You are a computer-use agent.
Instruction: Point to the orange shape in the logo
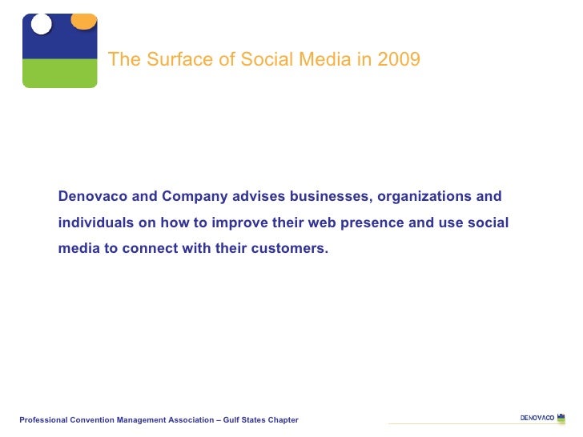(83, 21)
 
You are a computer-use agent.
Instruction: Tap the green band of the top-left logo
(59, 73)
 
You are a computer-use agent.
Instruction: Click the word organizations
(425, 197)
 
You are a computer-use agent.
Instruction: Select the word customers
(290, 248)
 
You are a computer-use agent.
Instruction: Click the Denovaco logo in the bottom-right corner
(542, 418)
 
